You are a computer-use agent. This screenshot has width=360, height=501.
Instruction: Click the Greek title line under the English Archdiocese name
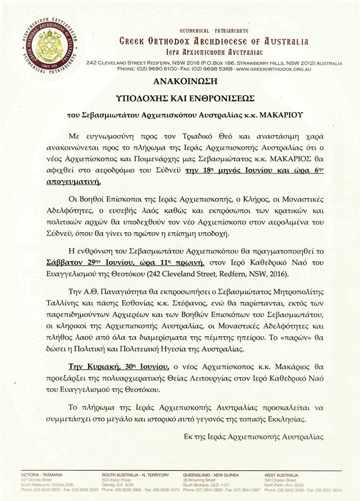(x=213, y=52)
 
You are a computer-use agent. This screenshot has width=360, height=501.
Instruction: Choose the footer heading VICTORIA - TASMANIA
(x=42, y=475)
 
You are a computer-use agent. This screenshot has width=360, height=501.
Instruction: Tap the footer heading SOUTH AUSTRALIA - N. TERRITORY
(x=136, y=475)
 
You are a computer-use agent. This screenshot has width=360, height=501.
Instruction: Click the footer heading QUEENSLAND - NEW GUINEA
(x=211, y=475)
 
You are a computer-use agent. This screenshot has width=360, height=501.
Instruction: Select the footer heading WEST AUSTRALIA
(x=282, y=475)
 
